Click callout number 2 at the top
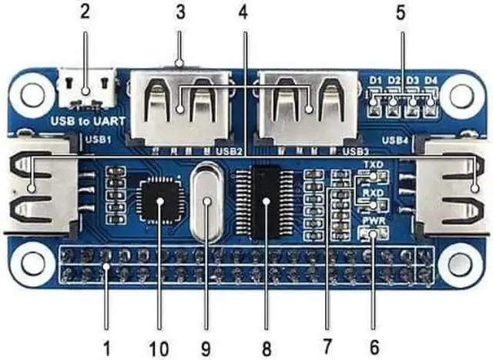(85, 12)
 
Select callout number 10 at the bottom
(159, 348)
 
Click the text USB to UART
(82, 121)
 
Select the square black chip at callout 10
(160, 201)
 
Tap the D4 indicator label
(432, 79)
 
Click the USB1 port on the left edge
(31, 187)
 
